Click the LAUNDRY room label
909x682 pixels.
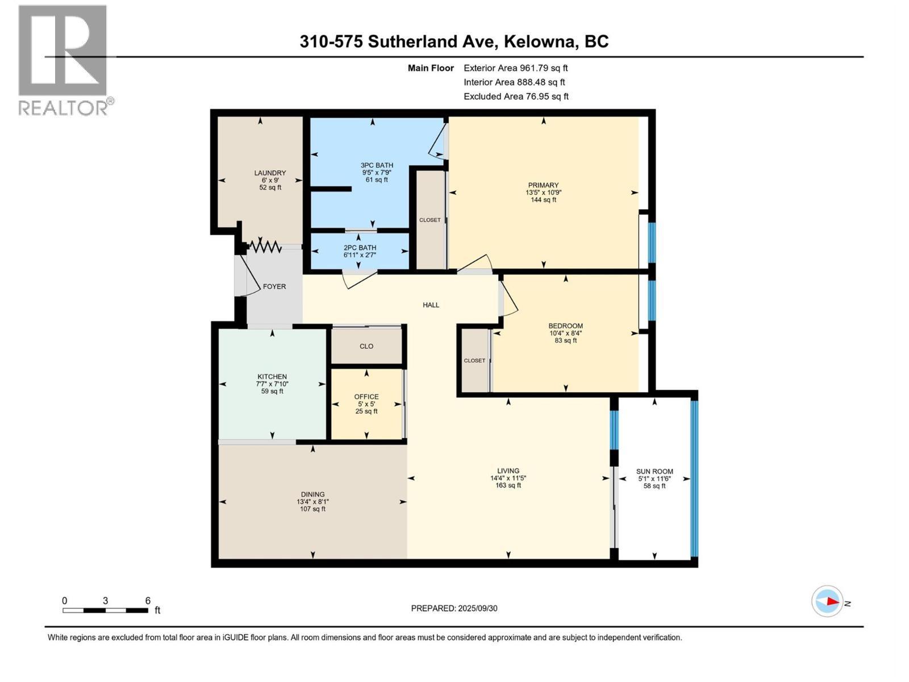coord(270,173)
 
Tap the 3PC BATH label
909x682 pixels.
coord(377,165)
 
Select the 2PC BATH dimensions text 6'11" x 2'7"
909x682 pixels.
coord(360,255)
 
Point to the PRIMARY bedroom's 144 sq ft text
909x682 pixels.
coord(543,199)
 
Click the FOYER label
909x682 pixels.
coord(274,286)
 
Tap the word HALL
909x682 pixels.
coord(431,305)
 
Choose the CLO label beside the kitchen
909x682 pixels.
coord(366,346)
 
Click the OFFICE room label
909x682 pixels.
coord(366,396)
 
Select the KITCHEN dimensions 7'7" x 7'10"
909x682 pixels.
coord(272,384)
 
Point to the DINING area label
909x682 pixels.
coord(312,494)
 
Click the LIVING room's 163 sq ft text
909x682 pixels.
coord(508,485)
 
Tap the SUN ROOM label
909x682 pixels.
coord(654,471)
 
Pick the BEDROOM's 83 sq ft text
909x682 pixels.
coord(566,340)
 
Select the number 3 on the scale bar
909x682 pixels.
coord(105,600)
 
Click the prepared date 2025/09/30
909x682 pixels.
coord(477,608)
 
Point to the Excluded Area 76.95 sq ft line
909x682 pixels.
coord(516,97)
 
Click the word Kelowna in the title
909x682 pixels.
coord(541,42)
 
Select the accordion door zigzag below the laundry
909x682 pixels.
coord(265,247)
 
